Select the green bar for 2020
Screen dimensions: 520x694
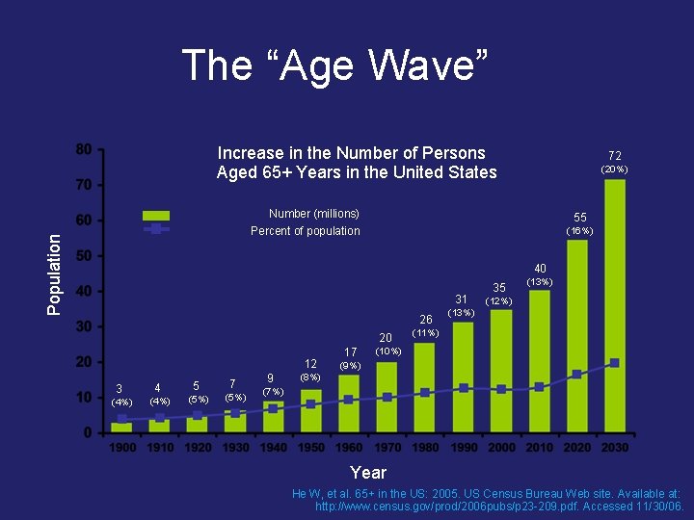(x=577, y=336)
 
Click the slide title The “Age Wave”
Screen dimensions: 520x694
(x=335, y=65)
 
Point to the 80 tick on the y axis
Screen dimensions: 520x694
(x=85, y=149)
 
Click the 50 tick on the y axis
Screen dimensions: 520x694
(x=85, y=256)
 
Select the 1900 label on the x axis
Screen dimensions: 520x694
(x=122, y=448)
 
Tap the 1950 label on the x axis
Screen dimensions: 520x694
(x=310, y=448)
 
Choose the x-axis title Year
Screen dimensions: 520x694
(x=368, y=473)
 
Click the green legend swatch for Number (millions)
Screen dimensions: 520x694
(x=155, y=216)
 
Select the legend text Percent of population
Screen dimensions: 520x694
(x=306, y=231)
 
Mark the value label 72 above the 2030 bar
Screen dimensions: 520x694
(x=614, y=155)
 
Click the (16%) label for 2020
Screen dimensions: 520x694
(x=579, y=231)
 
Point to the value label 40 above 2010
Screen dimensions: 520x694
(x=540, y=269)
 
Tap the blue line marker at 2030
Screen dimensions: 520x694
(x=614, y=363)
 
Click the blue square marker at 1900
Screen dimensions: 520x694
(x=122, y=419)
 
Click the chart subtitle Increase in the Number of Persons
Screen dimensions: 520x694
(x=352, y=153)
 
